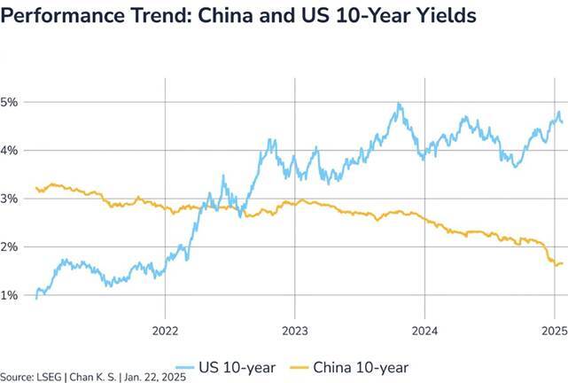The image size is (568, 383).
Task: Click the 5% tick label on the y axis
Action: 10,102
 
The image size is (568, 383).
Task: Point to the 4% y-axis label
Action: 10,150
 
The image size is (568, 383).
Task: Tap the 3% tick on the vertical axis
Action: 10,199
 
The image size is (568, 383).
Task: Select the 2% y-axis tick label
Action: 10,246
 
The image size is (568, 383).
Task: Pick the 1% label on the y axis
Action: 10,294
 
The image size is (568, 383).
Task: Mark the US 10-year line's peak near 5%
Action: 399,105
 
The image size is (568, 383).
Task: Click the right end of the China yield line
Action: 562,263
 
